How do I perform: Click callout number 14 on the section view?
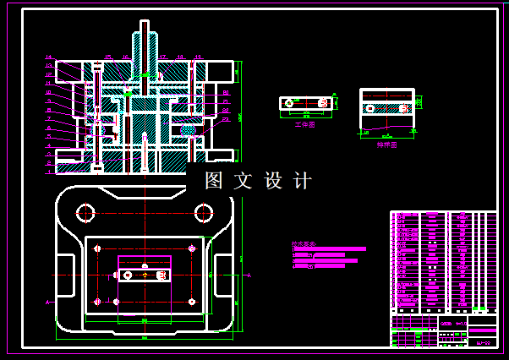49,57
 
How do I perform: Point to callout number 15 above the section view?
107,57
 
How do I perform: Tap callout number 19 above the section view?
197,57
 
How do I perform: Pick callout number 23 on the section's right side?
227,119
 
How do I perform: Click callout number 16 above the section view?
125,57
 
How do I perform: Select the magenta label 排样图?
386,145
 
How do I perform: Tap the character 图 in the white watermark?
214,181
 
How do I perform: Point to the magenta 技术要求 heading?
304,244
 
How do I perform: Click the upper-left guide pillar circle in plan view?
85,212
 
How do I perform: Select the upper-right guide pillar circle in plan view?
203,212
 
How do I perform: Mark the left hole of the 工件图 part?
290,103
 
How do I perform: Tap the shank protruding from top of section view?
144,42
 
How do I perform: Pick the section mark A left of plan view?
48,302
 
